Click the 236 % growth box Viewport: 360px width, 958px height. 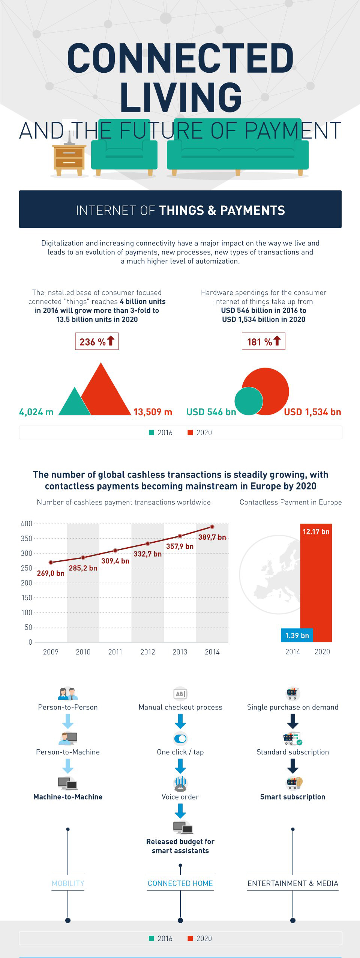pyautogui.click(x=97, y=341)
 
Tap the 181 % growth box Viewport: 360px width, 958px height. pyautogui.click(x=263, y=341)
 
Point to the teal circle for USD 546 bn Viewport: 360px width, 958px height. pyautogui.click(x=248, y=401)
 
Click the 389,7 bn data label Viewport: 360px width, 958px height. pyautogui.click(x=212, y=537)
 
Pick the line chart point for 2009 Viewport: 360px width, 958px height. pyautogui.click(x=51, y=562)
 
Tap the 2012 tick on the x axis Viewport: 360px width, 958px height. pyautogui.click(x=148, y=652)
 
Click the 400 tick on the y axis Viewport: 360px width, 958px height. pyautogui.click(x=27, y=524)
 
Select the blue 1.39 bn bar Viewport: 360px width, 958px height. pyautogui.click(x=297, y=635)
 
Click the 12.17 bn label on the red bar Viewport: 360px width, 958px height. pyautogui.click(x=316, y=531)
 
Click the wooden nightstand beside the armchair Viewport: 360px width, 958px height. pyautogui.click(x=69, y=159)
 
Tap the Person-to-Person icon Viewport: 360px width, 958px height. pyautogui.click(x=68, y=694)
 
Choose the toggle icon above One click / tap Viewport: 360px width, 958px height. pyautogui.click(x=180, y=738)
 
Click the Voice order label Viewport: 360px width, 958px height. pyautogui.click(x=180, y=797)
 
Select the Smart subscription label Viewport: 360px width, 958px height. pyautogui.click(x=293, y=797)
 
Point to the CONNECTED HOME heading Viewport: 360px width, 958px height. pyautogui.click(x=180, y=883)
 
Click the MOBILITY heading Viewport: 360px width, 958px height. pyautogui.click(x=68, y=883)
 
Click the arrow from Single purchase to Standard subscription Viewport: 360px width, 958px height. pyautogui.click(x=293, y=721)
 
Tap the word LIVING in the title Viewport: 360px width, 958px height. pyautogui.click(x=181, y=97)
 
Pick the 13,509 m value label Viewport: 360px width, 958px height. pyautogui.click(x=153, y=412)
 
